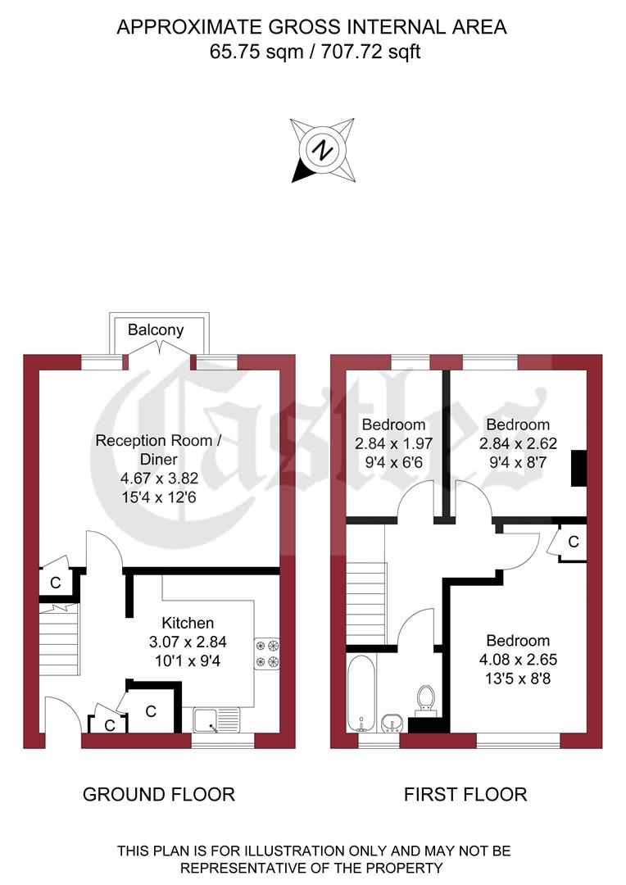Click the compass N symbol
click(324, 150)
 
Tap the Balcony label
click(156, 330)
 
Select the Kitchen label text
click(188, 623)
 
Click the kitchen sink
click(216, 719)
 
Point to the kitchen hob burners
click(268, 653)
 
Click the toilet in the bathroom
click(424, 698)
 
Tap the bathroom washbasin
click(392, 723)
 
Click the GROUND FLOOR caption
click(159, 794)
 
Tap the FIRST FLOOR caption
click(465, 794)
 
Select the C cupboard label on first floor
click(573, 542)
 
